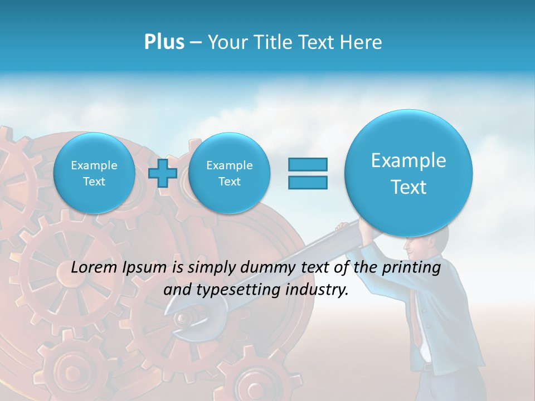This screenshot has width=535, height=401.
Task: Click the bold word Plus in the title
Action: pyautogui.click(x=164, y=42)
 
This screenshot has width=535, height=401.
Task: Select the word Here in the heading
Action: pyautogui.click(x=363, y=42)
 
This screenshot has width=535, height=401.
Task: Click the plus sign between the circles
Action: pyautogui.click(x=163, y=173)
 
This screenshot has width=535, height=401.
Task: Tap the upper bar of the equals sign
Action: pyautogui.click(x=308, y=165)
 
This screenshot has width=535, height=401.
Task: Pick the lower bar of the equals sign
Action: pyautogui.click(x=308, y=182)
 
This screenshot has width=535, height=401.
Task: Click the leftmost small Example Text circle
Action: pyautogui.click(x=94, y=173)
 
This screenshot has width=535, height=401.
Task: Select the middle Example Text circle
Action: pyautogui.click(x=229, y=173)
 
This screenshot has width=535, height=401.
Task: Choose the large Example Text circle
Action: pyautogui.click(x=408, y=173)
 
